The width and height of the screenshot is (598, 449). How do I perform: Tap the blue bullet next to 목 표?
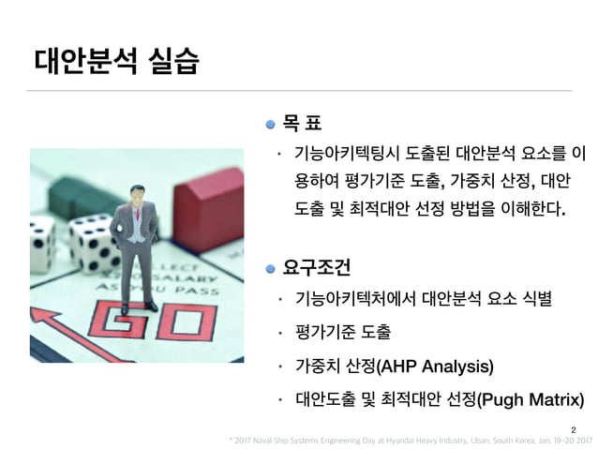pyautogui.click(x=271, y=122)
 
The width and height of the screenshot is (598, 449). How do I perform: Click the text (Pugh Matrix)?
pyautogui.click(x=530, y=401)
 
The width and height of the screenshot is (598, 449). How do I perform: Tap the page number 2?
pyautogui.click(x=573, y=427)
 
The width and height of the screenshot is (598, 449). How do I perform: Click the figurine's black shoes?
pyautogui.click(x=141, y=304)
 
